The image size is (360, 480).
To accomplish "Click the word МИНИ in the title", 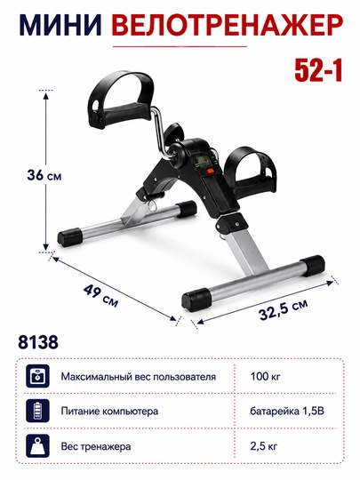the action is coord(60,25).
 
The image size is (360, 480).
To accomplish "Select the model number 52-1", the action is coord(318,72).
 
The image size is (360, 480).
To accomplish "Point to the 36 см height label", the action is coord(44,175).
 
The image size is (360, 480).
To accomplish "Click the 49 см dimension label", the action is coord(100,295).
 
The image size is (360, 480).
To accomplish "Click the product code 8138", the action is coord(38,341).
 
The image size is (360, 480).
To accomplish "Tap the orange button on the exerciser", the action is coord(212,172).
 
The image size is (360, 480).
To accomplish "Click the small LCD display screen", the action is coord(203,160).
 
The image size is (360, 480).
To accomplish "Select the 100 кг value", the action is coord(265,376).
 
